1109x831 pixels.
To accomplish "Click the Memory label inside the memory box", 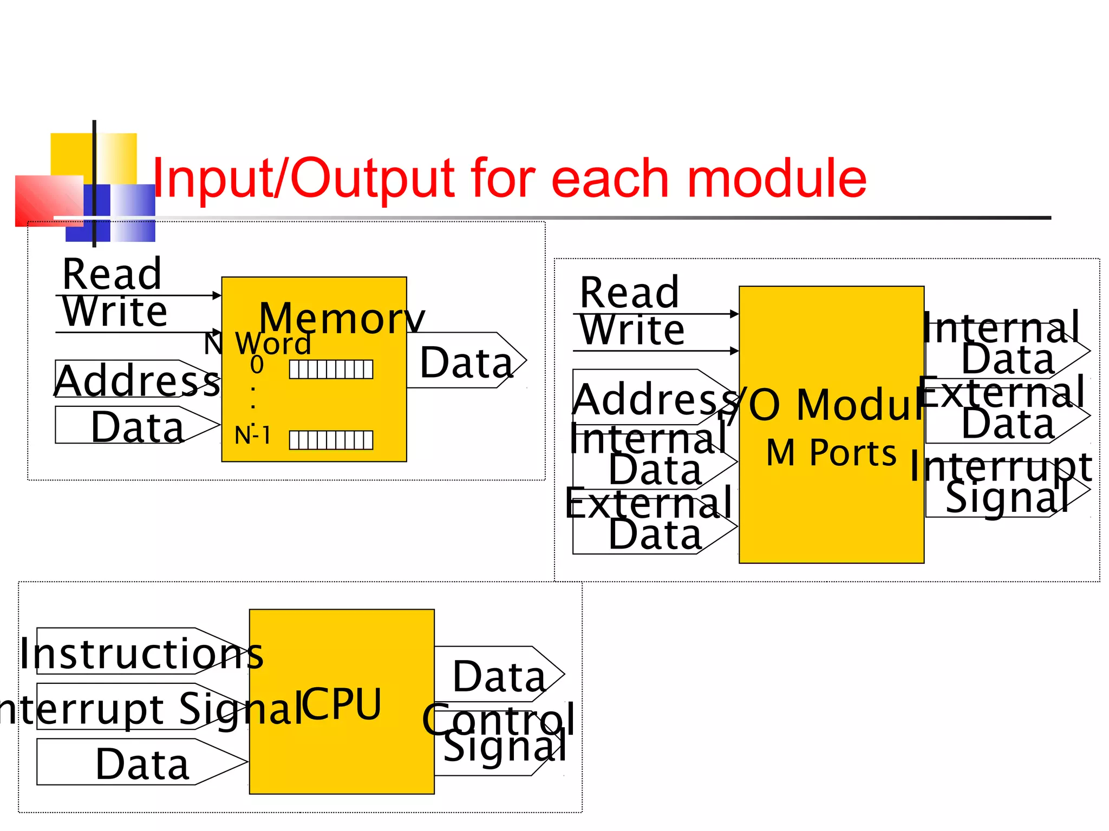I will click(x=341, y=318).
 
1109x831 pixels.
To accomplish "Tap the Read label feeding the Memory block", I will click(x=112, y=274).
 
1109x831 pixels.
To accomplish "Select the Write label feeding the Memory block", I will click(x=115, y=312).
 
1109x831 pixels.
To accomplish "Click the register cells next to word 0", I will click(x=331, y=370).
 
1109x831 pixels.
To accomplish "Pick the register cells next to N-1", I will click(x=331, y=440).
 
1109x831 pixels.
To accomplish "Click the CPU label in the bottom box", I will click(x=341, y=704).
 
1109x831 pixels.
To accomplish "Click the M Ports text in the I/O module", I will click(x=831, y=452).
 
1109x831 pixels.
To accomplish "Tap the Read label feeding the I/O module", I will click(x=629, y=293).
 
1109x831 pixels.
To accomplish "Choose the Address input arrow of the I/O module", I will click(x=653, y=398).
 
